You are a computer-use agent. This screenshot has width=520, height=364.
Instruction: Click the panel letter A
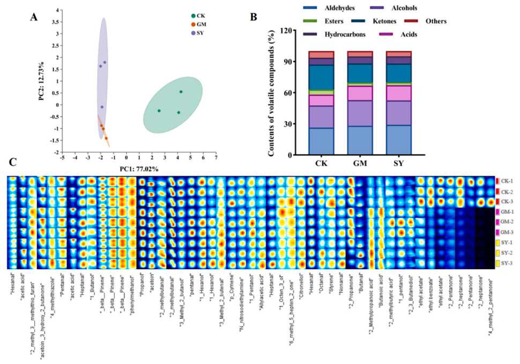point(34,16)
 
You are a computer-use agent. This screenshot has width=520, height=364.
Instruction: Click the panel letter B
point(254,16)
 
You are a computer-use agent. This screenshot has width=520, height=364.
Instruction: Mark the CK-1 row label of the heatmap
point(507,181)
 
